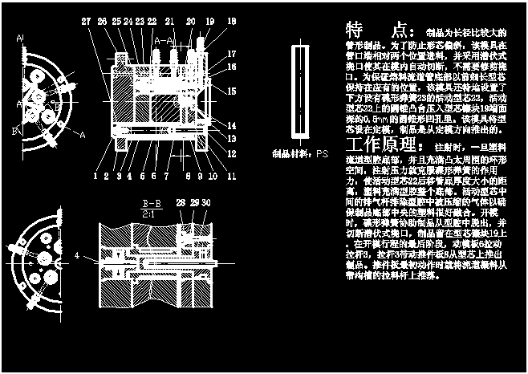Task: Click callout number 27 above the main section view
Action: tap(86, 22)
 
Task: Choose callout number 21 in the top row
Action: tap(169, 22)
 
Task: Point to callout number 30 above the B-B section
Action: tap(206, 205)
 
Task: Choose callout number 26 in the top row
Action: tap(102, 22)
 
